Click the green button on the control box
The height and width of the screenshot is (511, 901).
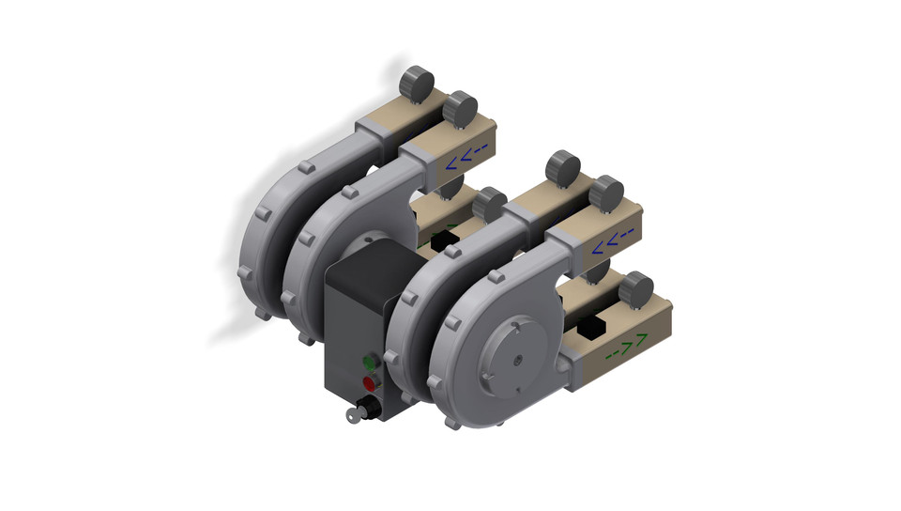(x=368, y=362)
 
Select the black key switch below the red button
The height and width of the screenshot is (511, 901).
(x=370, y=407)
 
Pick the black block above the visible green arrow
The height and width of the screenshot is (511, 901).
(x=591, y=328)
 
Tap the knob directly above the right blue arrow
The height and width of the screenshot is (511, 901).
(x=606, y=193)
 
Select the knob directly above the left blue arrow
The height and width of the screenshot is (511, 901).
(x=460, y=108)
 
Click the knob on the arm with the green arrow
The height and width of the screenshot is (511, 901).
(x=637, y=287)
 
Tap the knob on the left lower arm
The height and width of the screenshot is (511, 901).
(x=488, y=205)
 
